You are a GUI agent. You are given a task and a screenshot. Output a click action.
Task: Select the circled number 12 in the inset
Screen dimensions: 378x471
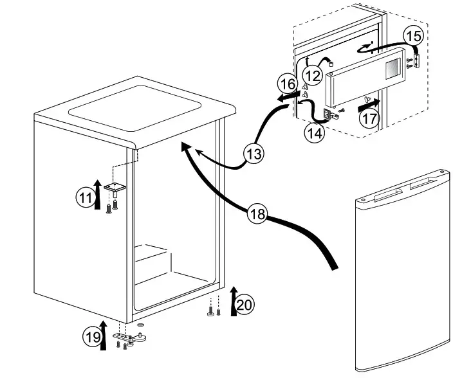[x=312, y=75]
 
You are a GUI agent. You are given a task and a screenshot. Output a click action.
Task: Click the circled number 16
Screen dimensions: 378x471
[x=288, y=84]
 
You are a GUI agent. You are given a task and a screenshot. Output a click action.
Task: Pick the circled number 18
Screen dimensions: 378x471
[x=257, y=214]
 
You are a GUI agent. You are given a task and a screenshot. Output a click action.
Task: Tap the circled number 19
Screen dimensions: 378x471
[x=92, y=336]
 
